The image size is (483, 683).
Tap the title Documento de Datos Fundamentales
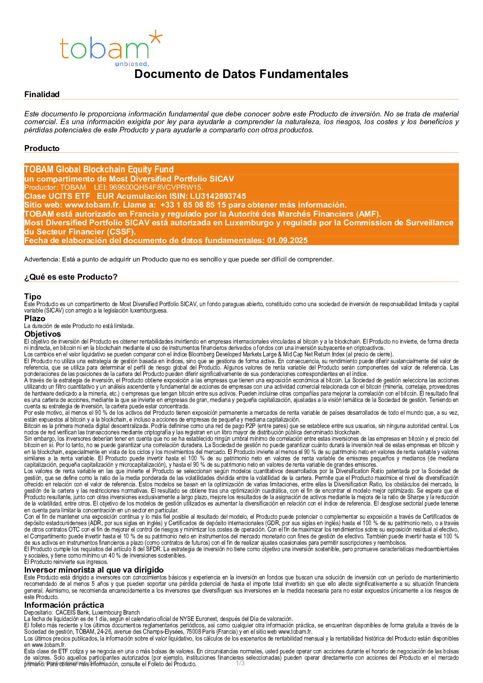[241, 74]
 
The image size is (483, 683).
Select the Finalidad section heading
[42, 94]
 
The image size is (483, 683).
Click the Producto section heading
[42, 148]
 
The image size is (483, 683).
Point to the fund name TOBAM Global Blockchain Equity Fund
[99, 169]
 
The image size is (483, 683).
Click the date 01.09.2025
[287, 240]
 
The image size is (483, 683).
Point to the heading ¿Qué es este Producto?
[71, 277]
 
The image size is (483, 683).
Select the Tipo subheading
[32, 297]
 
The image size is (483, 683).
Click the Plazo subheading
[35, 318]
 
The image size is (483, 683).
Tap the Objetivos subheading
[42, 334]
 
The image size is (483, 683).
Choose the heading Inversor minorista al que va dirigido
[94, 570]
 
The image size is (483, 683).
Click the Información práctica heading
[64, 605]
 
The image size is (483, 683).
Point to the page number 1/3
[240, 663]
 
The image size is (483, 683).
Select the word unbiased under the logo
[132, 64]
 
